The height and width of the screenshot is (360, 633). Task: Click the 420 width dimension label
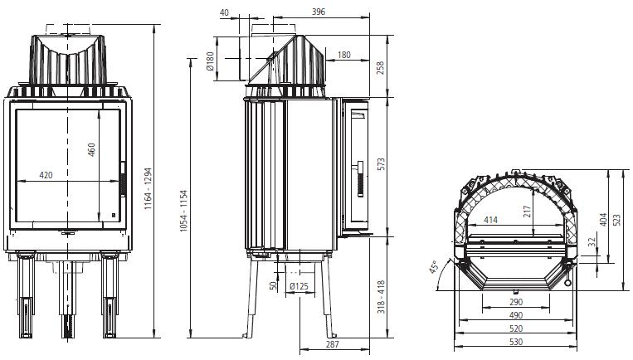[46, 175]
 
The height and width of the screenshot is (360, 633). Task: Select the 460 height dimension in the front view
[91, 150]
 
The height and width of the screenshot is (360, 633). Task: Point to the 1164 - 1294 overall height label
[149, 188]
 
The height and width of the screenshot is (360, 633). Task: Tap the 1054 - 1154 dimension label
[184, 211]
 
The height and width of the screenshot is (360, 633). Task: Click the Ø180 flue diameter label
[210, 61]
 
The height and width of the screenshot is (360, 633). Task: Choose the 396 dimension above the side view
[319, 12]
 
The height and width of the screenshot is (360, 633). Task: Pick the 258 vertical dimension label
[380, 69]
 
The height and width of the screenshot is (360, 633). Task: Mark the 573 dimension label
[381, 164]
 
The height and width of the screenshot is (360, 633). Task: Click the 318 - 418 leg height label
[381, 298]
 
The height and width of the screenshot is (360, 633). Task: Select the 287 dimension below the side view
[332, 344]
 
